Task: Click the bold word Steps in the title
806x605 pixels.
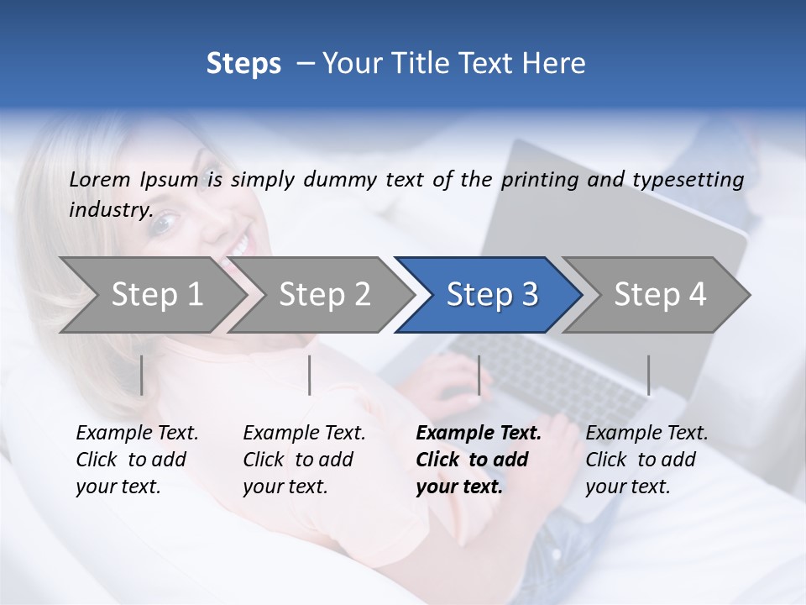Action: coord(243,64)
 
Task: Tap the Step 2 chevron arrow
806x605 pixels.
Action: coord(324,294)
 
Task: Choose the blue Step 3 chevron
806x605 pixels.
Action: coord(491,294)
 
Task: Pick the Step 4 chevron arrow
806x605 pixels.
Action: coord(659,294)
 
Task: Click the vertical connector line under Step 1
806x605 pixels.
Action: coord(142,375)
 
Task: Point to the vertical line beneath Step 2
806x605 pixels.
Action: coord(310,375)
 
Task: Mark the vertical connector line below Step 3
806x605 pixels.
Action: coord(479,375)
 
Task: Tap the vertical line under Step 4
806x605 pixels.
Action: coord(648,375)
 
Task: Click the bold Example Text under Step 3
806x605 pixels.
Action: coord(479,434)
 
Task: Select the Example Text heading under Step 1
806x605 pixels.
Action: coord(137,434)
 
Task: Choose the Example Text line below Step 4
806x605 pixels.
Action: coord(646,434)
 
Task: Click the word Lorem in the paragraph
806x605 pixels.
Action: coord(100,180)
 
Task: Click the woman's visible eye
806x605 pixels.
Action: coord(168,220)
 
